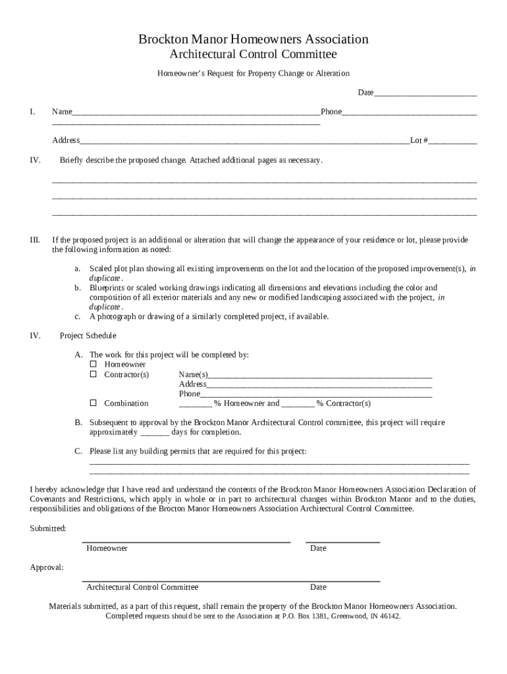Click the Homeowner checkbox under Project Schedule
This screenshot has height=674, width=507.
[93, 364]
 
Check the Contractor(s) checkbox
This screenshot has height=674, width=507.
[93, 375]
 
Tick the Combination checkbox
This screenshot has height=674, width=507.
[93, 403]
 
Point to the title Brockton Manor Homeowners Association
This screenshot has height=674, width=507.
[253, 39]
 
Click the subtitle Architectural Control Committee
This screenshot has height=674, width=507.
[253, 54]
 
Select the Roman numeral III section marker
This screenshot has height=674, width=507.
[36, 240]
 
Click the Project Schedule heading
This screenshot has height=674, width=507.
[88, 336]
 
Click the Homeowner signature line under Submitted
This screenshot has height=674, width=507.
[186, 541]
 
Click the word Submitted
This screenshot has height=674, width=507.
[47, 529]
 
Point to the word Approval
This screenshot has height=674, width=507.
[47, 567]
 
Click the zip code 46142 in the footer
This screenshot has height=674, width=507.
[389, 617]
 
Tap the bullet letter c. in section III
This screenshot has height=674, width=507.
[77, 317]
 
